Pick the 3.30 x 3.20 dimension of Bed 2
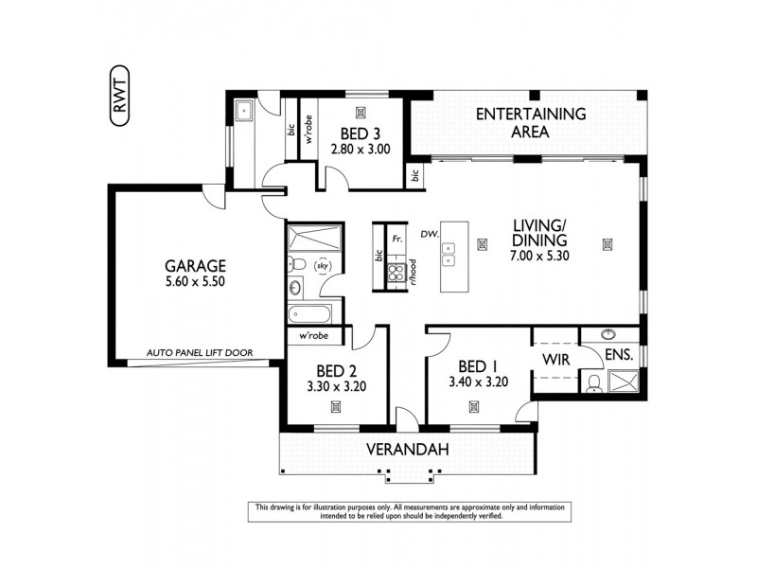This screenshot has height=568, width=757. click(336, 386)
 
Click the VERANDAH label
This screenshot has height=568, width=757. click(404, 450)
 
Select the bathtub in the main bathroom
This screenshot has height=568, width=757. click(309, 312)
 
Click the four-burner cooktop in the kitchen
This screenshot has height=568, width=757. click(397, 274)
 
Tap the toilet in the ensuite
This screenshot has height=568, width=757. click(592, 382)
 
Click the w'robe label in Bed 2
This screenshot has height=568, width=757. click(313, 337)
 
